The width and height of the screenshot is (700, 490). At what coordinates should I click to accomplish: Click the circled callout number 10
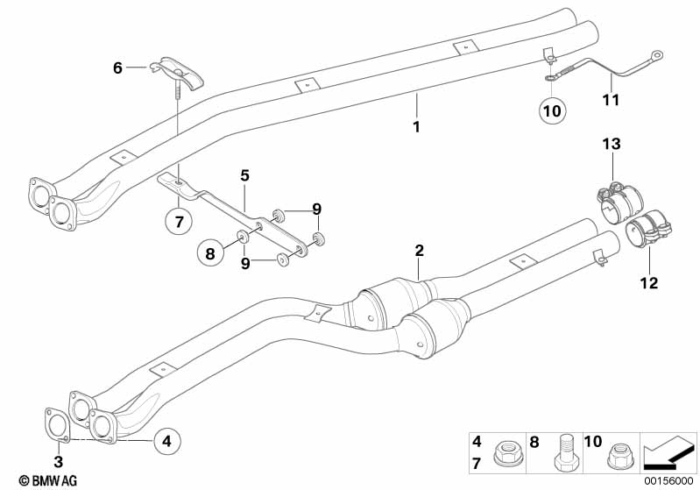[x=553, y=110]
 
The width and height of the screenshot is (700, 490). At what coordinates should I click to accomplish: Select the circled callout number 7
[x=179, y=223]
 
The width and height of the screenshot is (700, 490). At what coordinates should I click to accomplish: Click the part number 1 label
[x=417, y=127]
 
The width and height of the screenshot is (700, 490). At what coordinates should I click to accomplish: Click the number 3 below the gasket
[x=59, y=461]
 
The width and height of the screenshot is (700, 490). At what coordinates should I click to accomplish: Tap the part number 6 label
[x=117, y=66]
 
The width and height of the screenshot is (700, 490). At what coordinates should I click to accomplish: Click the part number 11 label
[x=611, y=100]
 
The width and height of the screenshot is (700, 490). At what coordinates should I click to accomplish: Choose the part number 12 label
[x=649, y=282]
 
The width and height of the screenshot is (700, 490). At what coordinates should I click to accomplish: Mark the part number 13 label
[x=611, y=144]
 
